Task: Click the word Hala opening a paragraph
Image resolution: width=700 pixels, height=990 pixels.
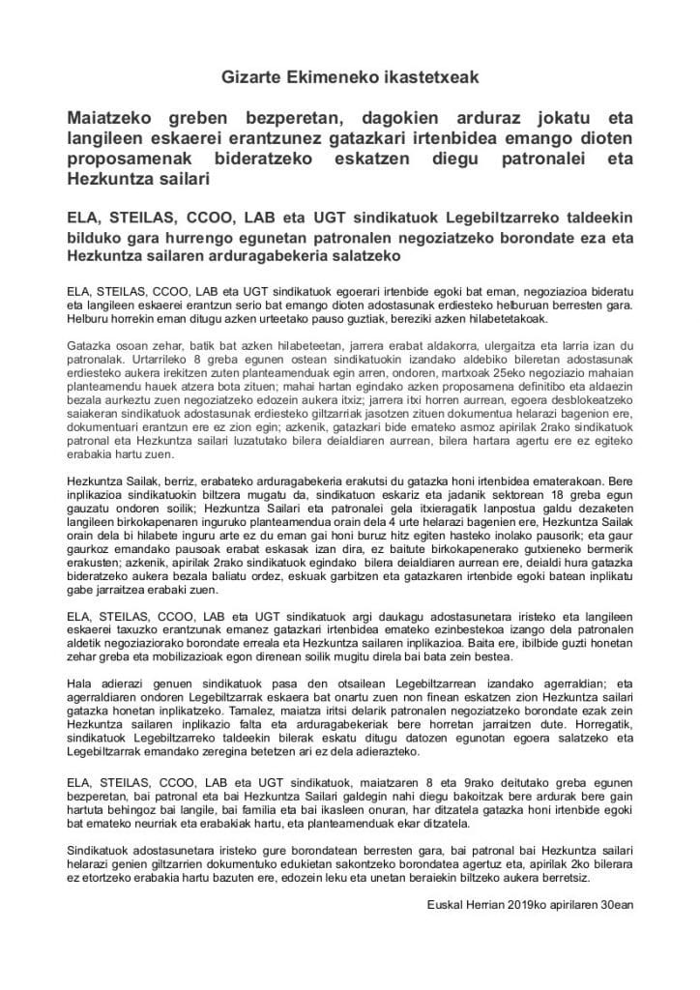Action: (79, 681)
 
